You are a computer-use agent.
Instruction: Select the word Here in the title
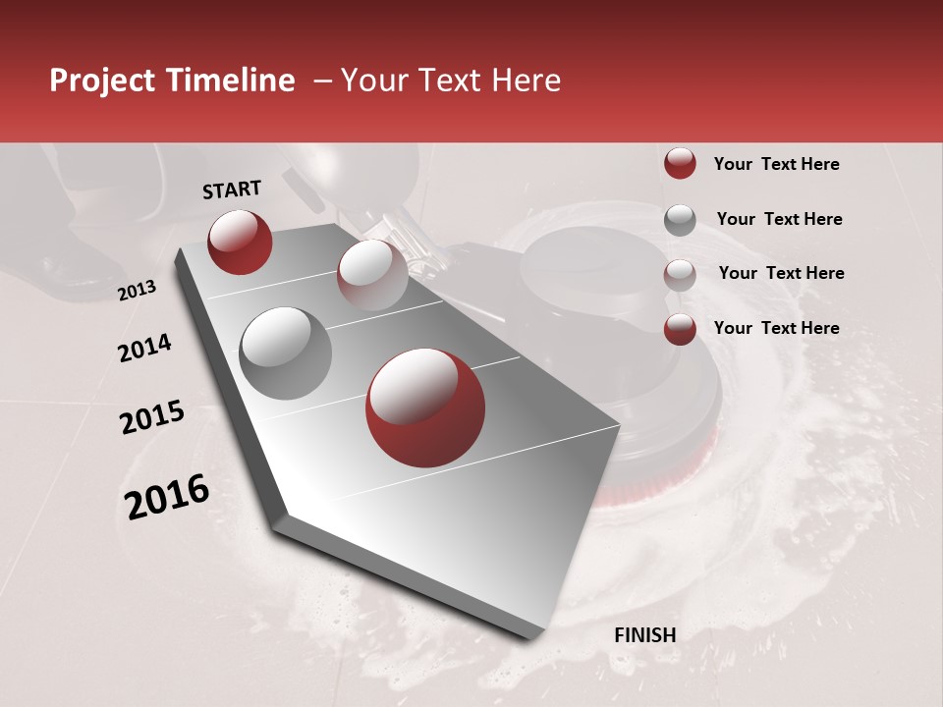point(526,82)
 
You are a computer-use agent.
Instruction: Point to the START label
point(232,190)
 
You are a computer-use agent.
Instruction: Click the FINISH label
point(645,635)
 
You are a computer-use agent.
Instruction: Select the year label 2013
point(138,291)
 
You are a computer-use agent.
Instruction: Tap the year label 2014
point(145,348)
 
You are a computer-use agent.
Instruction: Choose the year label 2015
point(152,417)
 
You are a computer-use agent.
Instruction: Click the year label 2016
point(167,497)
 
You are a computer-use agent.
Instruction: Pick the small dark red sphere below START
point(240,242)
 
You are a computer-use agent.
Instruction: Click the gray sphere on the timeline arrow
point(286,353)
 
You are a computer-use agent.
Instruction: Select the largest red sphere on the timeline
point(425,408)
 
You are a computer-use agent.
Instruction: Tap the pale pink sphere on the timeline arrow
point(372,274)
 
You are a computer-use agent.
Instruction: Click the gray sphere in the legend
point(680,220)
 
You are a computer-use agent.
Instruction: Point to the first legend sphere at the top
point(680,164)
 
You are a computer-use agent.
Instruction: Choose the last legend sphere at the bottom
point(680,329)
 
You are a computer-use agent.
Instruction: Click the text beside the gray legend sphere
point(779,219)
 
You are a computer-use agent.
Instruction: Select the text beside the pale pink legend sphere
point(781,273)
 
